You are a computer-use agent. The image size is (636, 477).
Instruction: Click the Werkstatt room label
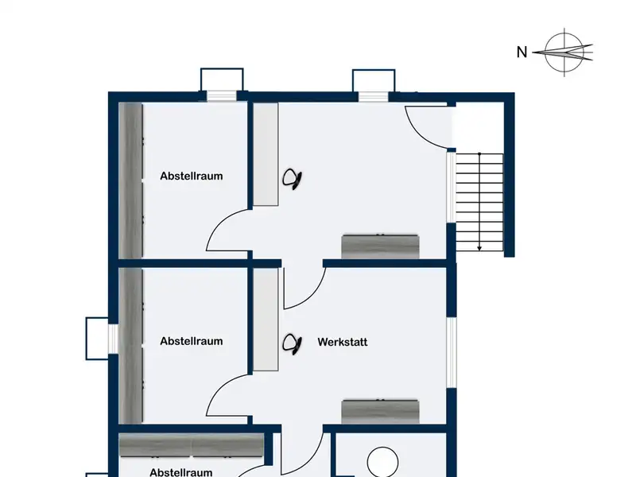pos(343,342)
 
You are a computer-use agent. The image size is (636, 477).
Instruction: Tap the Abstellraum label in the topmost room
pos(192,176)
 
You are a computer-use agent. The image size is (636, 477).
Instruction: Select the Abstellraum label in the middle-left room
pos(192,341)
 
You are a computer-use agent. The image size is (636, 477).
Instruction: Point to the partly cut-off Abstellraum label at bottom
pos(181,472)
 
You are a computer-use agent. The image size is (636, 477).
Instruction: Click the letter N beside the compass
pos(522,52)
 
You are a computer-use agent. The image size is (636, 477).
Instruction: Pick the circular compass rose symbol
pos(564,52)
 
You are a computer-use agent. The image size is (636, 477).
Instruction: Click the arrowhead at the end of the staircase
pos(479,248)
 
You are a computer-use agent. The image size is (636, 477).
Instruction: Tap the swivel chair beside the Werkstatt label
pos(292,344)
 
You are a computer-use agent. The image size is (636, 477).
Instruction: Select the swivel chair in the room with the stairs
pos(292,179)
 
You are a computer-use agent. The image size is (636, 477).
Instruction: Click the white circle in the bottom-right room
pos(382,462)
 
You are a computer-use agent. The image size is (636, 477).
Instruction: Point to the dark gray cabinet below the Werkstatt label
pos(380,411)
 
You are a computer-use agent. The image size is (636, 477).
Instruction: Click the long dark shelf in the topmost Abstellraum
pos(131,180)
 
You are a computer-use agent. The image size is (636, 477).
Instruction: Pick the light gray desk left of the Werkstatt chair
pos(266,320)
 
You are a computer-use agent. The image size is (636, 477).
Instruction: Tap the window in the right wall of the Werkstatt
pos(452,352)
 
